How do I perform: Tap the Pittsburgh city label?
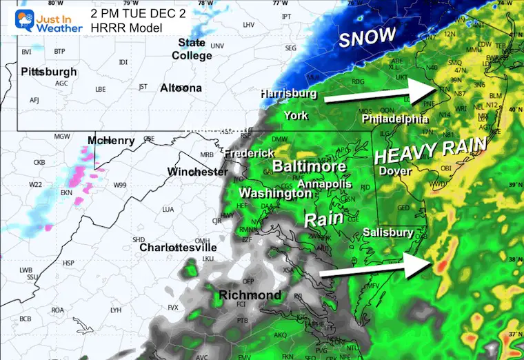(49, 72)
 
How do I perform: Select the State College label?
(192, 49)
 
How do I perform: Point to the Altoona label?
(181, 88)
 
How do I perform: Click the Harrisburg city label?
(288, 93)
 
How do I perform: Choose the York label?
(296, 115)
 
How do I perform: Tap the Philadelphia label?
(400, 119)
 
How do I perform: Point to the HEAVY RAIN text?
(430, 150)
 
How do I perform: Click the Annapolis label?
(324, 184)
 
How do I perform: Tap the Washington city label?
(275, 194)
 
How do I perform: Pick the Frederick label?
(248, 152)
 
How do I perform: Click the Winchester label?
(197, 171)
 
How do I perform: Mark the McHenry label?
(111, 141)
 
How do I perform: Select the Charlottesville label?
(178, 247)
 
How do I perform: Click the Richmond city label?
(250, 295)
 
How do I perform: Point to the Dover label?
(396, 170)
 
